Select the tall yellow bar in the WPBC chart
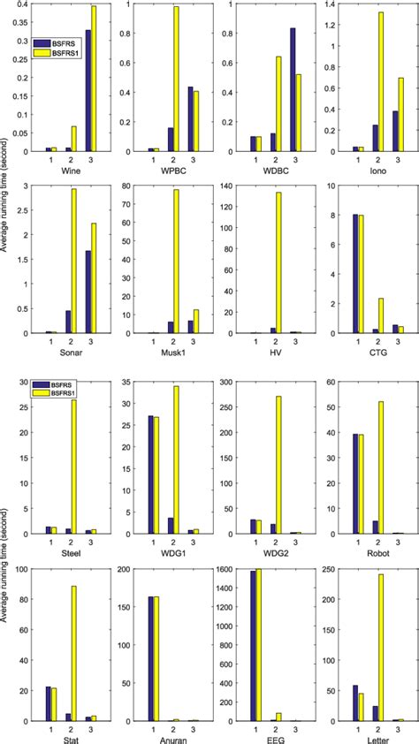coord(175,80)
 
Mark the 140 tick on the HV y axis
coord(233,186)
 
